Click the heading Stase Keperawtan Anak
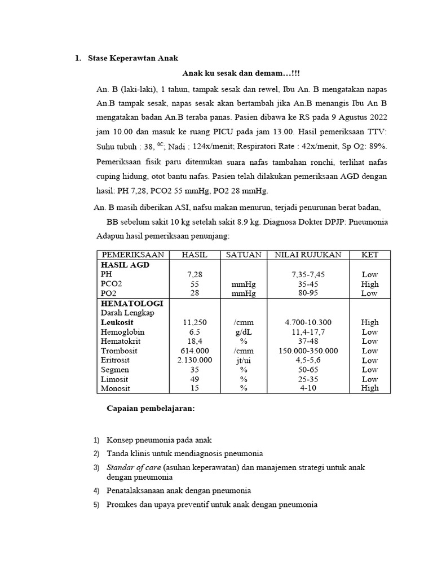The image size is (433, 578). pos(133,58)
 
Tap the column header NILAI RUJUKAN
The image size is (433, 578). pos(308,255)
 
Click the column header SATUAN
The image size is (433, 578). pos(243,255)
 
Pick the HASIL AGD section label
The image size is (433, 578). pos(125,264)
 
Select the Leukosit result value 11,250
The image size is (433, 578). pos(195,322)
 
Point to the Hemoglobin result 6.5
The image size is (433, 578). pos(195,332)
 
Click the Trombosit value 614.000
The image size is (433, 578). pos(195,351)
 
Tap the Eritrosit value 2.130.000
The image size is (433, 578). pos(195,360)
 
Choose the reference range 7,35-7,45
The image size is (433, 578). pos(308,274)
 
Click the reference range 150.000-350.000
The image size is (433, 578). pos(308,351)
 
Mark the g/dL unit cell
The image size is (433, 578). pos(243,332)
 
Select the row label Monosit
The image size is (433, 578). pos(116,388)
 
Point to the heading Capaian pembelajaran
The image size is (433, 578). pos(151,409)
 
